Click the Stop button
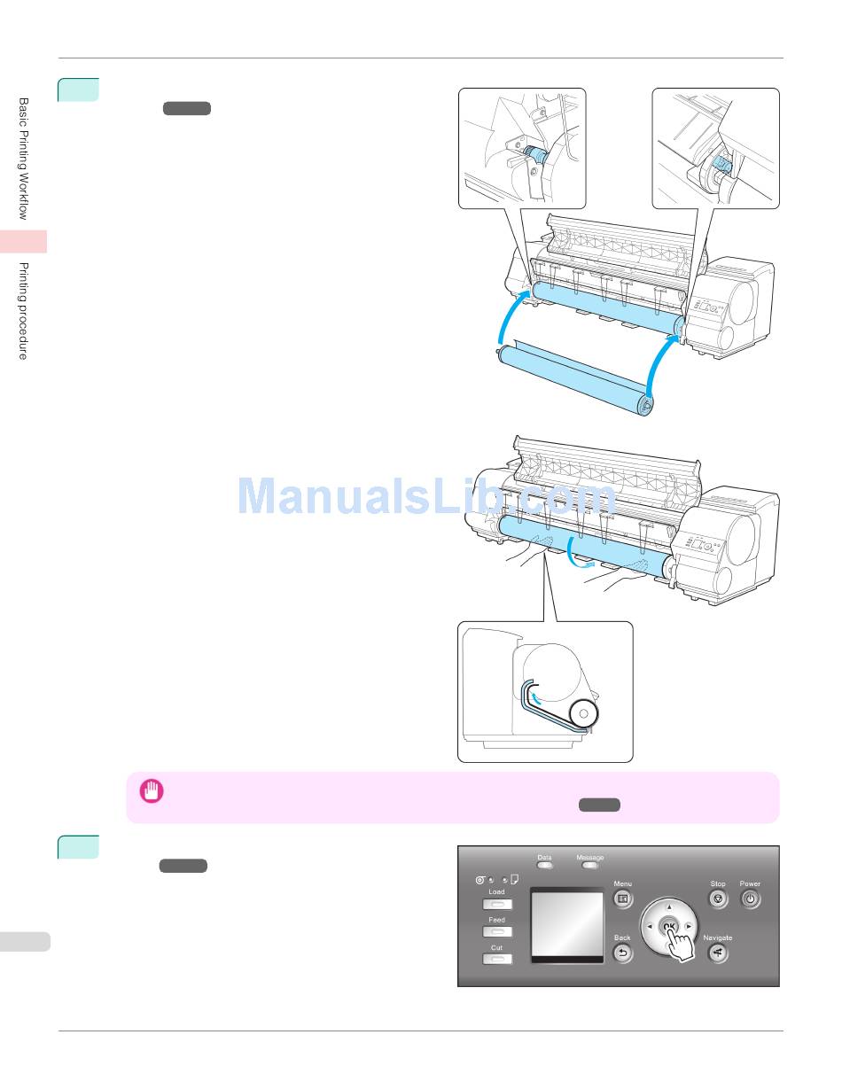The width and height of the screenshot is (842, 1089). tap(718, 898)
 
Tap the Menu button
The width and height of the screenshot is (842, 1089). tap(623, 898)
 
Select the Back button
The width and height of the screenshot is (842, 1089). tap(623, 953)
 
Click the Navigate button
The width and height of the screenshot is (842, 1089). tap(718, 953)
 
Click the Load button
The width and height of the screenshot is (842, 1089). tap(497, 906)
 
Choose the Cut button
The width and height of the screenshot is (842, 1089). tap(497, 960)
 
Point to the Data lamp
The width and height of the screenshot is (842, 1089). tap(544, 865)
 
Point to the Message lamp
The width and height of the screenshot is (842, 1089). tap(589, 865)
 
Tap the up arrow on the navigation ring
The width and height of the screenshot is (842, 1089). tap(668, 907)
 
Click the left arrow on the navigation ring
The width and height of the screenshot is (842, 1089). tap(649, 927)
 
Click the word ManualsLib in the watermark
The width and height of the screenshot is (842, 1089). tap(347, 497)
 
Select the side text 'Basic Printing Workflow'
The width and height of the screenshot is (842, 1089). tap(24, 159)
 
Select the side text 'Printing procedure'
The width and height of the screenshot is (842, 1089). tap(24, 311)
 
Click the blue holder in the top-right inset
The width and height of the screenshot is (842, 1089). tap(721, 167)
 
